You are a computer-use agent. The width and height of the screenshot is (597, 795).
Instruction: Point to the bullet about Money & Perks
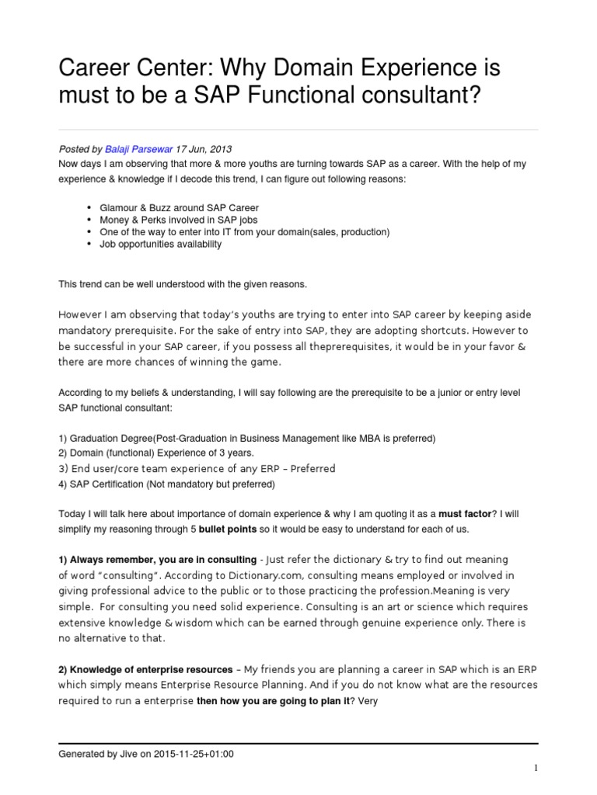tap(177, 220)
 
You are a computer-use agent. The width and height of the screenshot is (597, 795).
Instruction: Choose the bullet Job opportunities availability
tap(160, 244)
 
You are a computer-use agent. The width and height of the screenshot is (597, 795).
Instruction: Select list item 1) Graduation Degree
tap(246, 439)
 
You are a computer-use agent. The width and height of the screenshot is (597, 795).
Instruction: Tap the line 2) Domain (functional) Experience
tap(156, 453)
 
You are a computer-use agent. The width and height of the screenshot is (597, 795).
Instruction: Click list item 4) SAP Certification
tap(167, 484)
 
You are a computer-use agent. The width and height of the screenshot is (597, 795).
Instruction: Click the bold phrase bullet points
tap(228, 529)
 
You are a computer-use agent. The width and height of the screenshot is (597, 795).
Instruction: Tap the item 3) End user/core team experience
tap(197, 468)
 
